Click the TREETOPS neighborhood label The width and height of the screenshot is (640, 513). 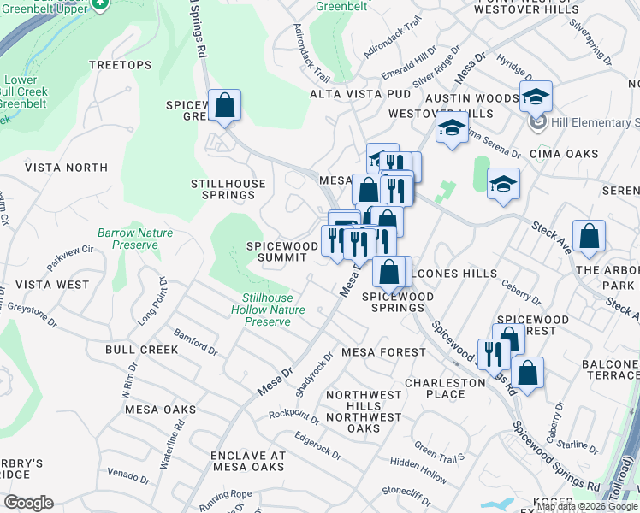tap(120, 65)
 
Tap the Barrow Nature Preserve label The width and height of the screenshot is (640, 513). tap(135, 239)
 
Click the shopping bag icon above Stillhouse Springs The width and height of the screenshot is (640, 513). tap(224, 106)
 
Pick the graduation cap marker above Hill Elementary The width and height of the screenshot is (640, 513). tap(535, 97)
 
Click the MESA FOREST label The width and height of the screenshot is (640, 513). tap(382, 352)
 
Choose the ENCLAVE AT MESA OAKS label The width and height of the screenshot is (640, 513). tap(248, 461)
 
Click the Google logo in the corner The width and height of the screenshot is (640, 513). tap(28, 503)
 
